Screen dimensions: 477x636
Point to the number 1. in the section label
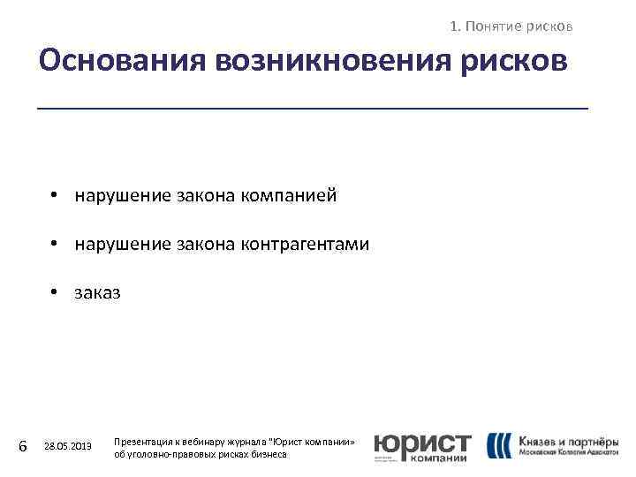coord(455,26)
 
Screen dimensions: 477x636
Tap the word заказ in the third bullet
coord(98,292)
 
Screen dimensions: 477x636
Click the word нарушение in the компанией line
coord(120,195)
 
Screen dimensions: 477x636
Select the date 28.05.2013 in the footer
coord(68,447)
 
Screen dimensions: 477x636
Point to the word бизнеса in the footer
coord(269,453)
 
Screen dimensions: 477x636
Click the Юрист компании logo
coord(421,446)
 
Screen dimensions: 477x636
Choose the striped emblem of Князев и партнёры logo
coord(499,445)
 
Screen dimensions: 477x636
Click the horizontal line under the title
coord(312,108)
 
